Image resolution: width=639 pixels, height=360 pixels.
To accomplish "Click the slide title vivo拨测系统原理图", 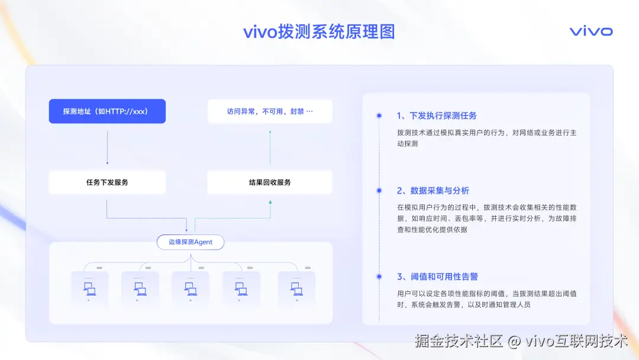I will [319, 31].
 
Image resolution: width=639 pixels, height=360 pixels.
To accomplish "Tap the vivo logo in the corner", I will [590, 31].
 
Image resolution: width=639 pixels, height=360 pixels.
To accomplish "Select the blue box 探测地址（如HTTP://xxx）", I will [107, 111].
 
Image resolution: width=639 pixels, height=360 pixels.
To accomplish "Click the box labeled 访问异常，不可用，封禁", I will [270, 111].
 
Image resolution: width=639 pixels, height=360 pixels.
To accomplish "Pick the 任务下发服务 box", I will [107, 182].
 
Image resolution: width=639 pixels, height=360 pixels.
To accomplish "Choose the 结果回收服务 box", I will [270, 182].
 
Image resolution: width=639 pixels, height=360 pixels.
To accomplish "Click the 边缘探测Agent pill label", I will [191, 242].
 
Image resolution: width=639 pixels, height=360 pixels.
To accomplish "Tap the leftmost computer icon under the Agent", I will [90, 289].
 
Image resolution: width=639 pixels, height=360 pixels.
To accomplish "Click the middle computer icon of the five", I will [191, 289].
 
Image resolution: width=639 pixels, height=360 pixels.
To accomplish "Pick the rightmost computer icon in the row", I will [296, 289].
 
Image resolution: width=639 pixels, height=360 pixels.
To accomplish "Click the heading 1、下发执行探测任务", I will [437, 115].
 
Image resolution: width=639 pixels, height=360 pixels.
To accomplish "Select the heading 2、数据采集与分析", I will [433, 191].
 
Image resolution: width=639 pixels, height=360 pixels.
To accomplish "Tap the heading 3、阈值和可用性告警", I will [437, 277].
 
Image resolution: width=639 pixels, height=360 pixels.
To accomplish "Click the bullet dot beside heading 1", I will [379, 115].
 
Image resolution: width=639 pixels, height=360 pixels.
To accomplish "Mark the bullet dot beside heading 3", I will [379, 277].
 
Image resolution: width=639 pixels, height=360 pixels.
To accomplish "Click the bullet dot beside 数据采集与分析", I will [379, 191].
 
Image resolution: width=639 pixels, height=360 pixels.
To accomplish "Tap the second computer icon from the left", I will [140, 289].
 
